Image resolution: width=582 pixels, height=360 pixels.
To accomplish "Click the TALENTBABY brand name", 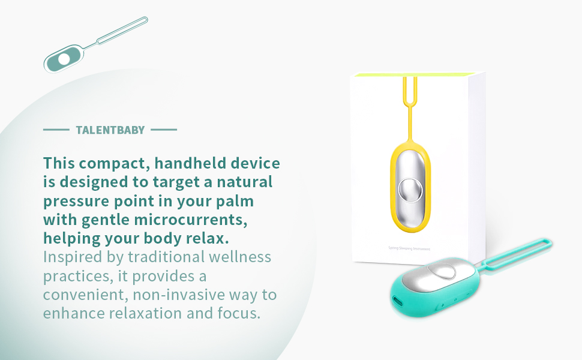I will [110, 130].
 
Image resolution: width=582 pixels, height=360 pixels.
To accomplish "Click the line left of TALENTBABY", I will [56, 130].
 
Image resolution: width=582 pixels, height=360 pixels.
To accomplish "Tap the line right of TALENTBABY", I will [164, 130].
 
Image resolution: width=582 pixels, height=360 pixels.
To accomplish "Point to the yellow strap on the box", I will [410, 108].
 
